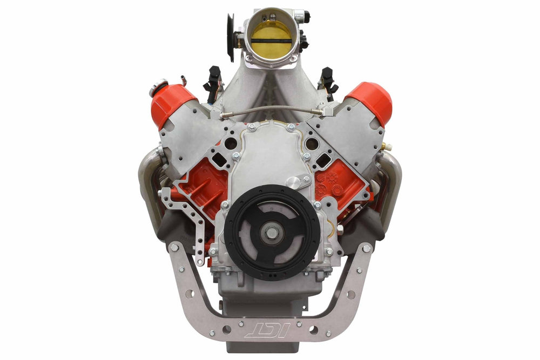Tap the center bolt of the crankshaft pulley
click(x=272, y=233)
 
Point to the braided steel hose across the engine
click(x=272, y=110)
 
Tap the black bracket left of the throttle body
click(x=230, y=37)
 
